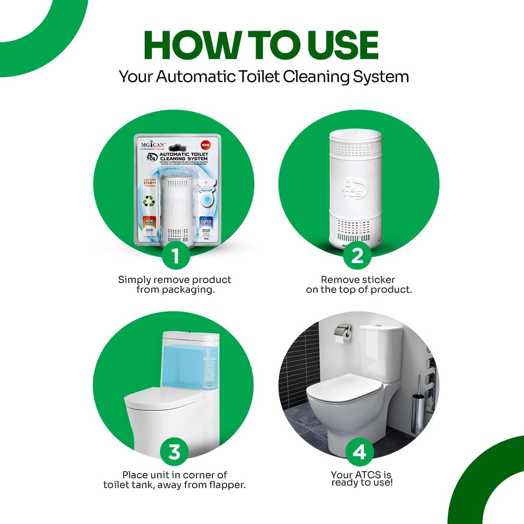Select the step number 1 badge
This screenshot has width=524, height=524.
[176, 256]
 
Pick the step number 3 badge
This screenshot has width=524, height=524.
[174, 452]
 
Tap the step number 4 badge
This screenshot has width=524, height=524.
[359, 452]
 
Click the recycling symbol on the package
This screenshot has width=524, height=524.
[148, 201]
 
